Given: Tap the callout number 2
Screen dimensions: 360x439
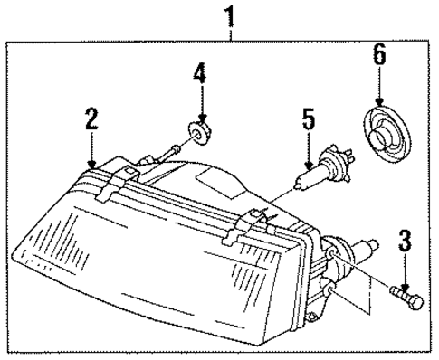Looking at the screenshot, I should (91, 118).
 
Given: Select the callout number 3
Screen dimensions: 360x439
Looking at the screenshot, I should (405, 241).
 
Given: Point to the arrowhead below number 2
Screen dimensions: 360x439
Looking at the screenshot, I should (91, 162).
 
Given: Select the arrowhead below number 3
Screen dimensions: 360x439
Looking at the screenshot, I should (405, 280).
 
